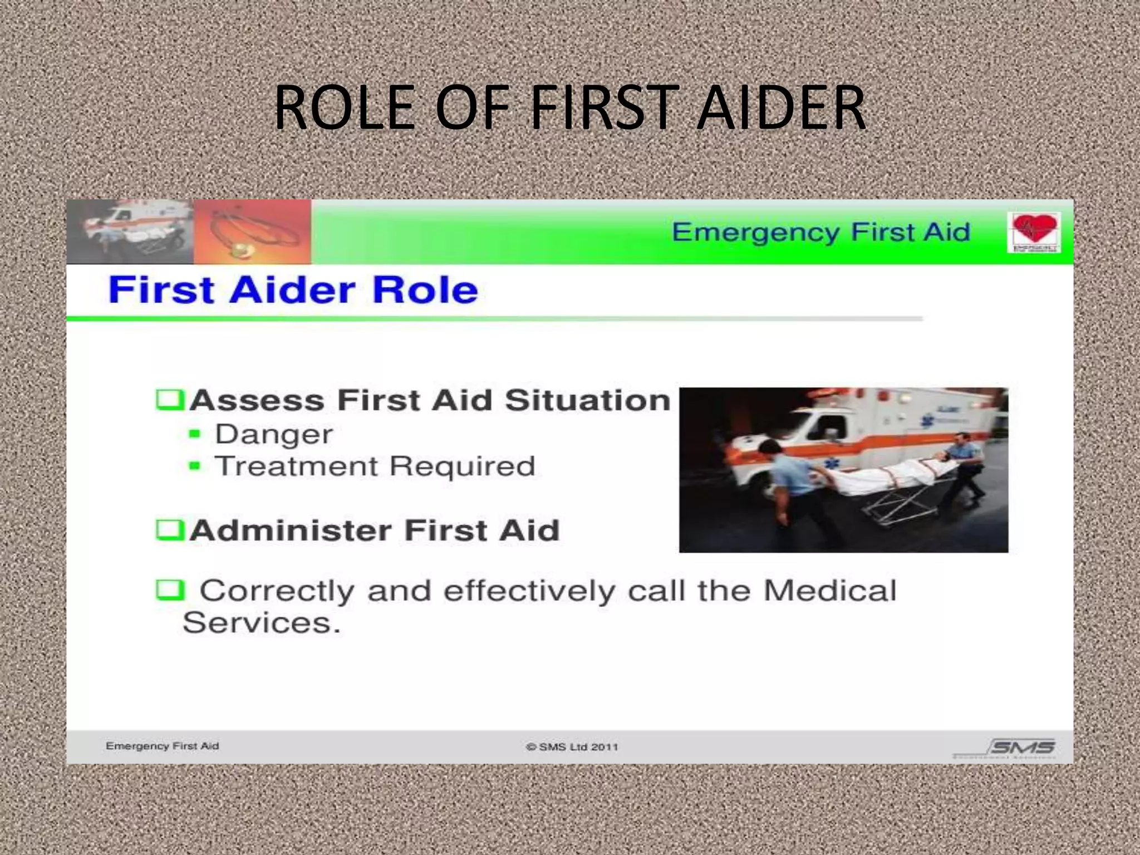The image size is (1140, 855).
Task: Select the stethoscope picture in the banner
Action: tap(252, 232)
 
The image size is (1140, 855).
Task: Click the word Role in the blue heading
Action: tap(425, 290)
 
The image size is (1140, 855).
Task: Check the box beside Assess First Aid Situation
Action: tap(169, 400)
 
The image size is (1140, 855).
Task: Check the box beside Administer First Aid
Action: tap(169, 529)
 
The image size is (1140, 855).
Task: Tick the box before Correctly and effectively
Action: tap(169, 590)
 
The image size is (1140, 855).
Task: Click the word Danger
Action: tap(274, 434)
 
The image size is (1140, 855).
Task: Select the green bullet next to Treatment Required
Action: tap(194, 466)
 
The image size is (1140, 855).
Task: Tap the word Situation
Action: tap(587, 400)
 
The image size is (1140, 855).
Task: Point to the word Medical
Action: tap(829, 591)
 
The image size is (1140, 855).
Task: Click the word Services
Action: tap(261, 623)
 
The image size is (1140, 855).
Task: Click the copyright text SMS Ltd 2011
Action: tap(572, 747)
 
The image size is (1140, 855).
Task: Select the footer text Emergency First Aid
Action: tap(162, 746)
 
